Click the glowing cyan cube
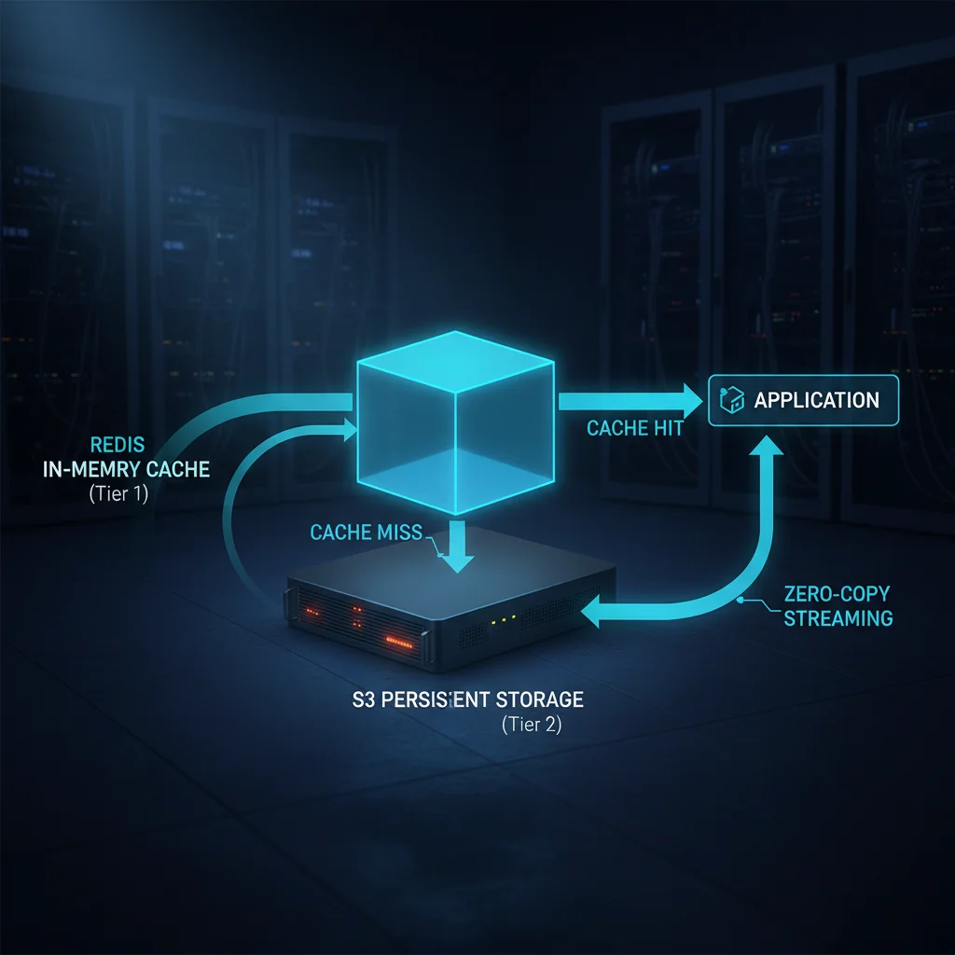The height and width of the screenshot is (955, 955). coord(454,421)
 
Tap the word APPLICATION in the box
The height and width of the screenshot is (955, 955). coord(816,400)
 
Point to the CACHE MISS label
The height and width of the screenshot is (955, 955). coord(366,533)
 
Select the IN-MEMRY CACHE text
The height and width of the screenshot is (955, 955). coord(126,469)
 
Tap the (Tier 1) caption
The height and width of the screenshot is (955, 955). coord(118,494)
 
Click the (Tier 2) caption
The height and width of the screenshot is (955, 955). coord(532,724)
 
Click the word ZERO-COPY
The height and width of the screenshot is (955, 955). coord(837,593)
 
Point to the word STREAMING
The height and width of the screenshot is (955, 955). coord(837,617)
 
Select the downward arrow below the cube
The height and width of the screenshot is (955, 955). coord(457,551)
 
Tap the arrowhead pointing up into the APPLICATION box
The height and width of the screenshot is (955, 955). coord(769,450)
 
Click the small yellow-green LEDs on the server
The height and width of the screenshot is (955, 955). coord(503,619)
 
